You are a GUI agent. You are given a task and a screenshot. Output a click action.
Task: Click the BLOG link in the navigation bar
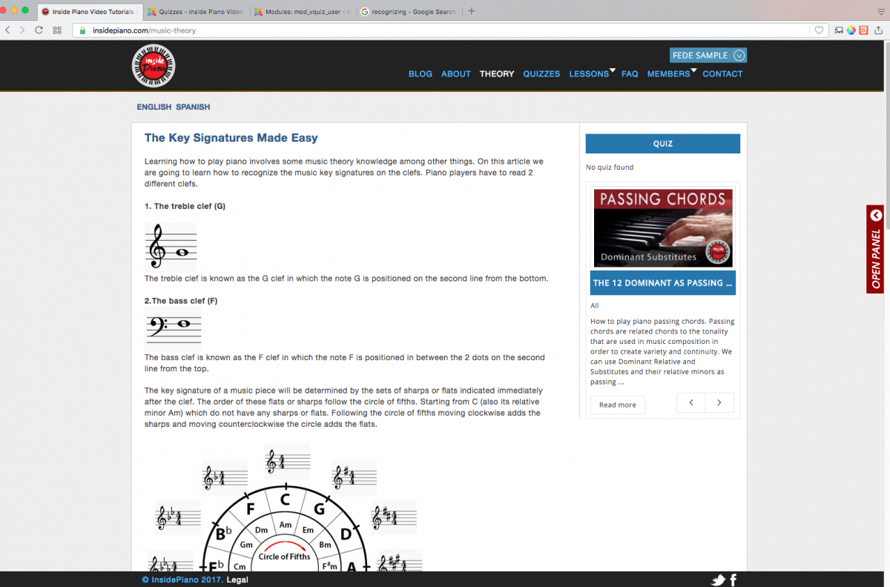pyautogui.click(x=420, y=74)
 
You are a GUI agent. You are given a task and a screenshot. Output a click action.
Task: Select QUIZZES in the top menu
pyautogui.click(x=541, y=74)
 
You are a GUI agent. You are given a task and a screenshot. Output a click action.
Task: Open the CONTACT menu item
pyautogui.click(x=722, y=74)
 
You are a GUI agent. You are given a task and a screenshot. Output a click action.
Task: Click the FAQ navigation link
pyautogui.click(x=630, y=74)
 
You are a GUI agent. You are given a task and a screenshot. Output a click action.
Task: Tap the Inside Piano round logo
pyautogui.click(x=154, y=65)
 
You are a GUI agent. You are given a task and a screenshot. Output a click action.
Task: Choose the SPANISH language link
pyautogui.click(x=193, y=107)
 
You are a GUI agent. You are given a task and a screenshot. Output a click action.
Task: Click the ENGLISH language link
pyautogui.click(x=154, y=107)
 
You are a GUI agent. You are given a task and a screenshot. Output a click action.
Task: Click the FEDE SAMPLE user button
pyautogui.click(x=708, y=55)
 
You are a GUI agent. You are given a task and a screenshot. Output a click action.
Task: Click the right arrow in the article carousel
pyautogui.click(x=719, y=402)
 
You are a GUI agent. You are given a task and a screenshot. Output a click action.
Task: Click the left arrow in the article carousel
pyautogui.click(x=691, y=402)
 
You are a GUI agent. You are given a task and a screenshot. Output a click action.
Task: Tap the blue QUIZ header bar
pyautogui.click(x=663, y=143)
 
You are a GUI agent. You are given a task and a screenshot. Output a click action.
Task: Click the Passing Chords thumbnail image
pyautogui.click(x=663, y=228)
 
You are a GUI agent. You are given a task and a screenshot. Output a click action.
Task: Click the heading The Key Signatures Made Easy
pyautogui.click(x=231, y=138)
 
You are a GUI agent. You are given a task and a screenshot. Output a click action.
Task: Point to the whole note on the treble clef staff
pyautogui.click(x=182, y=252)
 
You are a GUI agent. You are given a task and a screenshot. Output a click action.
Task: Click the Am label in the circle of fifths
pyautogui.click(x=286, y=525)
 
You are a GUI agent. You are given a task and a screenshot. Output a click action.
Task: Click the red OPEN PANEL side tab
pyautogui.click(x=875, y=250)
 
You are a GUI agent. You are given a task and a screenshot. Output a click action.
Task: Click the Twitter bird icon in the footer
pyautogui.click(x=718, y=580)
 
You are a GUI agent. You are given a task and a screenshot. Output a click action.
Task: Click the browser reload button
pyautogui.click(x=39, y=30)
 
